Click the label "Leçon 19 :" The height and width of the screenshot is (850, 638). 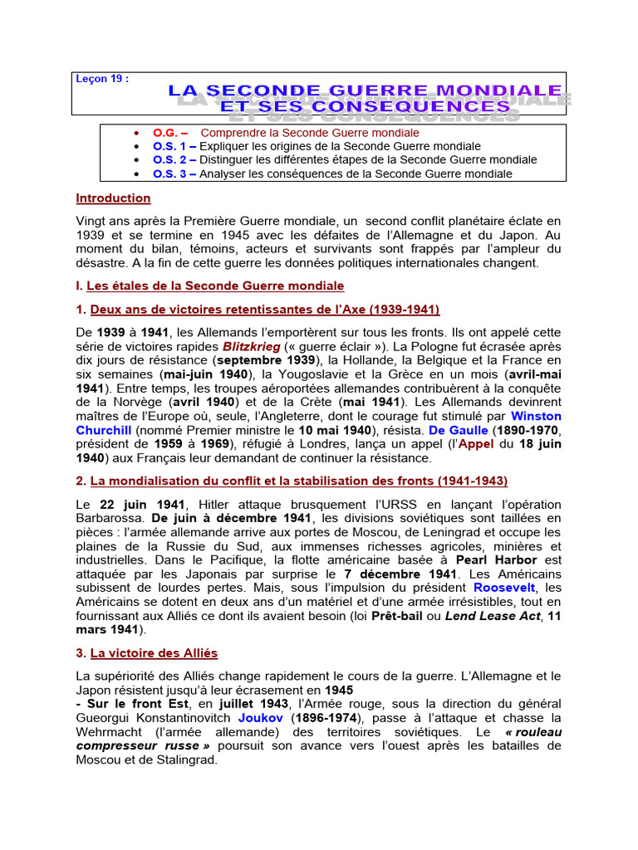[102, 79]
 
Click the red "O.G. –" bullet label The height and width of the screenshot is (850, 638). [169, 133]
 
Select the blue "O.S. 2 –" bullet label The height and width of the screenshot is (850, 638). [174, 159]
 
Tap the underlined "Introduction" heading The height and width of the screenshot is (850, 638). [114, 198]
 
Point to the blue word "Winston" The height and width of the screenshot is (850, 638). [536, 416]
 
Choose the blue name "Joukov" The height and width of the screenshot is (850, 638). [262, 717]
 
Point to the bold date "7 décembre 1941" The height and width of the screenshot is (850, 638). [396, 574]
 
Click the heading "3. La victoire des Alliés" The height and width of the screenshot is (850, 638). [147, 654]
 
